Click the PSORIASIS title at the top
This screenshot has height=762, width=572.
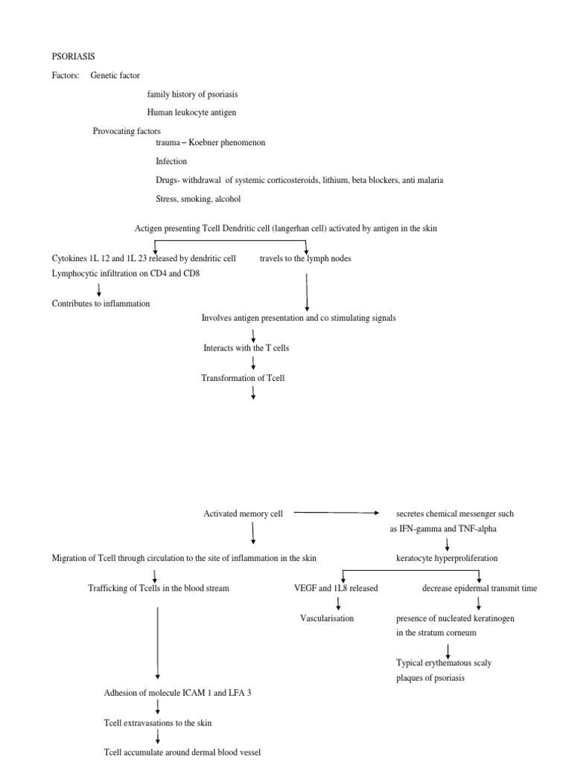[x=73, y=56]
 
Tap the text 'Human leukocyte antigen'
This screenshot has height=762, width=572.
[x=192, y=113]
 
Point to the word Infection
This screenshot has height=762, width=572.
[x=171, y=161]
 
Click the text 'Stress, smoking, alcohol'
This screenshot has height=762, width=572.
[x=198, y=199]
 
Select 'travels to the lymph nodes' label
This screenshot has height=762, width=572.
[x=305, y=258]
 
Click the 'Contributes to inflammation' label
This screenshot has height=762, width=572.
[x=101, y=304]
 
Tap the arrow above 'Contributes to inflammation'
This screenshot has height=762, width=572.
[x=99, y=289]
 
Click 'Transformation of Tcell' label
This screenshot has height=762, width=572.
[x=243, y=378]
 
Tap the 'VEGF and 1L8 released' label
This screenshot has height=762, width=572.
[x=336, y=588]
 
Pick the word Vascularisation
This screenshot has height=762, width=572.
[x=327, y=618]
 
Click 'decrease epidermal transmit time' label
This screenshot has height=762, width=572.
[x=479, y=588]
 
